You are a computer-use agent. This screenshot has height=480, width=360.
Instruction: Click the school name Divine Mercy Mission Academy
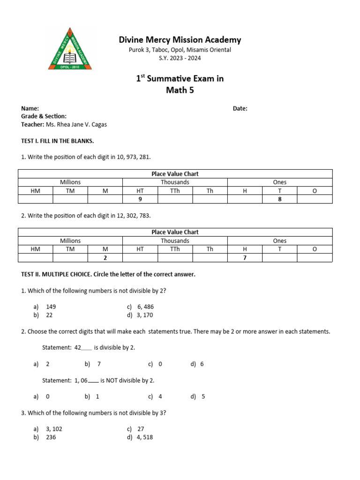(180, 40)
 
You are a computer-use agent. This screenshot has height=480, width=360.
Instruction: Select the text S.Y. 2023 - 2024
(180, 58)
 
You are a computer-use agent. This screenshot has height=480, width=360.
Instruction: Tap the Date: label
(240, 108)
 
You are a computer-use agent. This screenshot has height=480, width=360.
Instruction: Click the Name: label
(30, 108)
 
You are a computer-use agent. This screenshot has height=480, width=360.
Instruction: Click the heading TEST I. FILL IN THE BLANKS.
(58, 141)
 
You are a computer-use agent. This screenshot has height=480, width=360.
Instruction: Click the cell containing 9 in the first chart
(140, 199)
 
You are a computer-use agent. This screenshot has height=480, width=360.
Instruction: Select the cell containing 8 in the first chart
(279, 199)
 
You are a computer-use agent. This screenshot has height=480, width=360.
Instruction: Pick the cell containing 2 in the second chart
(105, 258)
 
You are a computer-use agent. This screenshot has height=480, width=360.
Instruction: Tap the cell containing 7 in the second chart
(245, 258)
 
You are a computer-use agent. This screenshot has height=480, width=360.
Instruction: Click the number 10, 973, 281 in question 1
(134, 157)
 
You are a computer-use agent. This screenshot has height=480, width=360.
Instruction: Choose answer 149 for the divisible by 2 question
(51, 307)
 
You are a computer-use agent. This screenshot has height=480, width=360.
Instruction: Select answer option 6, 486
(145, 307)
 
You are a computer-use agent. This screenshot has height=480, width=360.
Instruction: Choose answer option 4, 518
(145, 437)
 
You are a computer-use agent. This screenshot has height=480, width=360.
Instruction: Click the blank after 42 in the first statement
(87, 348)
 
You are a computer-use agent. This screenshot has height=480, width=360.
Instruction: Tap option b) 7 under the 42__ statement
(99, 364)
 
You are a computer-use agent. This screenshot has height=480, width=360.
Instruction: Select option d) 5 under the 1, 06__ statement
(203, 397)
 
